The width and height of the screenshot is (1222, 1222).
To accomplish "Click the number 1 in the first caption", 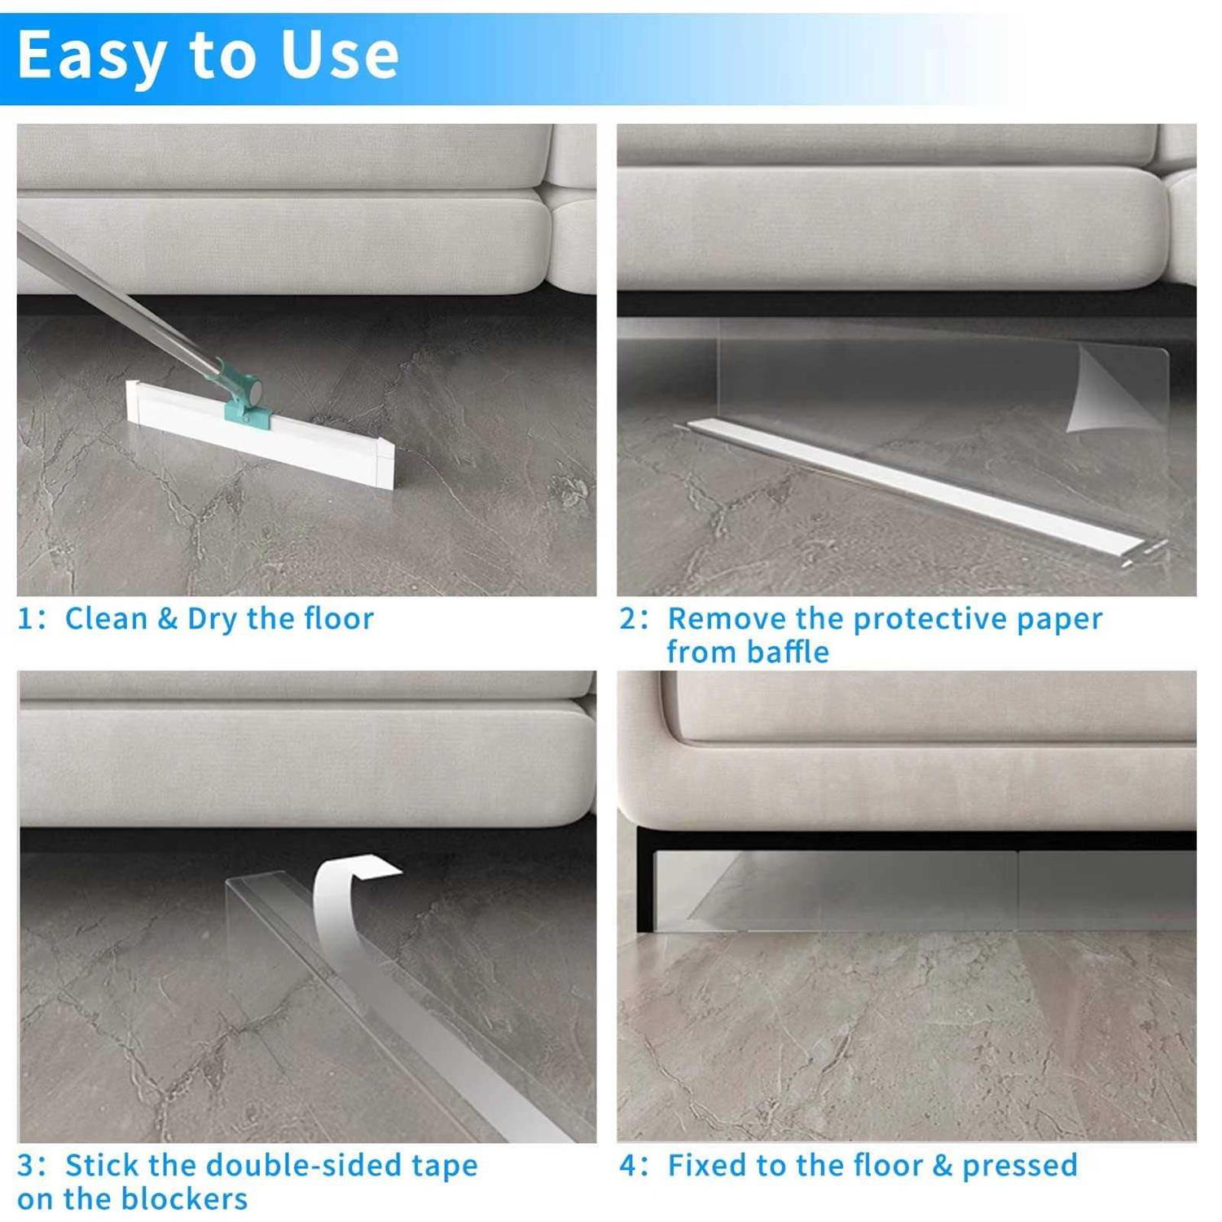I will click(26, 619).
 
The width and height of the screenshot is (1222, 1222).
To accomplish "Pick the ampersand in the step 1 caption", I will click(167, 619).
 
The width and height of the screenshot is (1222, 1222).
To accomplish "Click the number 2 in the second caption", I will click(629, 619).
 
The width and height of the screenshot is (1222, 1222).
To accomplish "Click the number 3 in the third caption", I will click(26, 1166).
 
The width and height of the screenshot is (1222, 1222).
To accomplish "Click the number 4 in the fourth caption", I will click(629, 1166).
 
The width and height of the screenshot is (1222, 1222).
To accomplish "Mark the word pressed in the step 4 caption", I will click(1019, 1166).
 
